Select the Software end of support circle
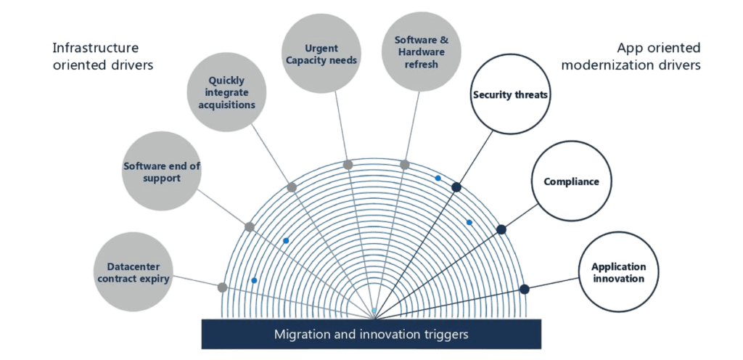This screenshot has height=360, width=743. tap(161, 172)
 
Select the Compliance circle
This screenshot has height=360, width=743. tap(572, 181)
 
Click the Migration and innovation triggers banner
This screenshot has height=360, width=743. tap(371, 335)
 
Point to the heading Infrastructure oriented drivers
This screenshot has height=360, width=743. tap(103, 56)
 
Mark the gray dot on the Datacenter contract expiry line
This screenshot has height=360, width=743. tap(223, 287)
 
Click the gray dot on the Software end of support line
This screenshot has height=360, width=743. tap(250, 227)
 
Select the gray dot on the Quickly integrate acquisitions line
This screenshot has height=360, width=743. tap(292, 187)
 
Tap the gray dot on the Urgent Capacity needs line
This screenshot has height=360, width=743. tap(348, 165)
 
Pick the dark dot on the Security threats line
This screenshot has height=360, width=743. tap(456, 187)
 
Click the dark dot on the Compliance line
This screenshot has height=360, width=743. tap(501, 229)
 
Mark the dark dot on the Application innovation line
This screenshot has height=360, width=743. tap(525, 289)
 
